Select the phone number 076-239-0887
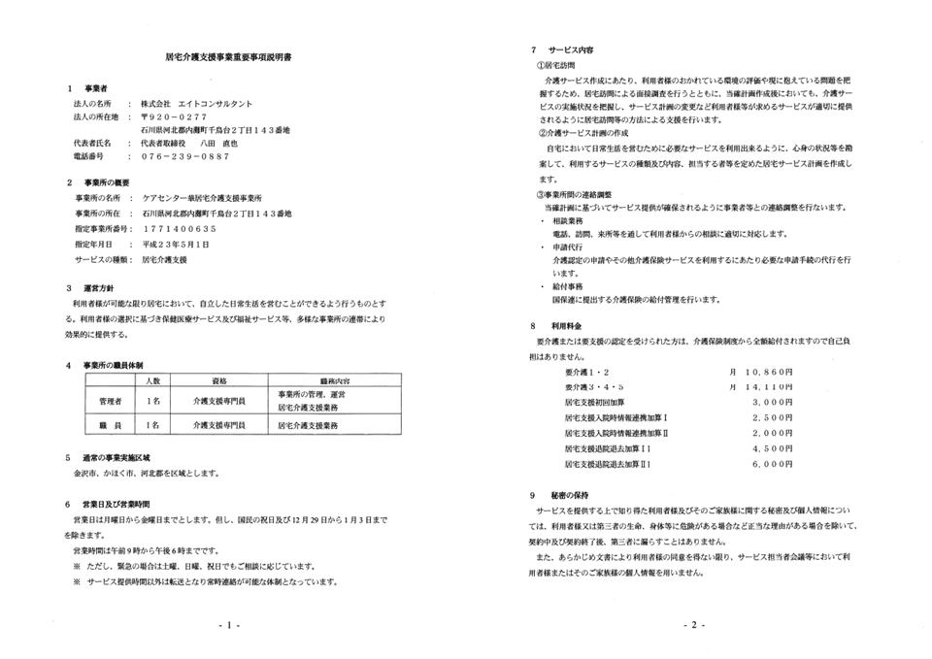(184, 155)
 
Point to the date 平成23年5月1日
(176, 244)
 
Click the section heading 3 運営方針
(91, 288)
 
